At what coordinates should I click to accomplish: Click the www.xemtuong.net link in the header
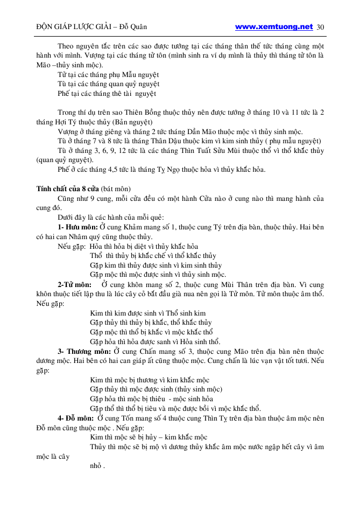coord(274,26)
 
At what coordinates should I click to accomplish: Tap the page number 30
coord(321,27)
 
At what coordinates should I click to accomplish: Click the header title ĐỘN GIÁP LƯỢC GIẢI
coord(70,27)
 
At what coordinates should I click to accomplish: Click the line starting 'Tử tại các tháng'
coord(108,74)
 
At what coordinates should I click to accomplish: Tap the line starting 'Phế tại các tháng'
coord(107,93)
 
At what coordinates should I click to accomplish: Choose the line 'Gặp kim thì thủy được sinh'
coord(156,265)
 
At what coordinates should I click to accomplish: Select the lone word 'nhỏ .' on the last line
coord(97,466)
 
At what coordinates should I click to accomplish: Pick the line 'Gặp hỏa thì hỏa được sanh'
coord(155,341)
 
